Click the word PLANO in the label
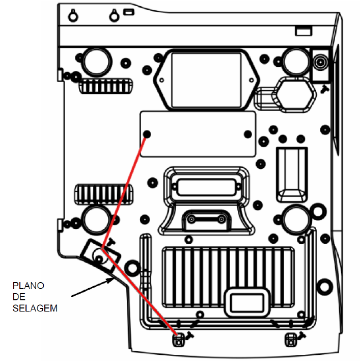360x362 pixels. (28, 286)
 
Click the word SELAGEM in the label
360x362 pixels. (35, 308)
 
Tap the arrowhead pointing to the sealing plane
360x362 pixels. (110, 280)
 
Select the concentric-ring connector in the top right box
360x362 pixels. (320, 62)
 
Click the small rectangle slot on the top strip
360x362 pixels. (129, 12)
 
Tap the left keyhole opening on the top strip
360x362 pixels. (73, 16)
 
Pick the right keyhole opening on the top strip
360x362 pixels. (114, 16)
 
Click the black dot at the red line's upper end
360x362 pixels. (147, 134)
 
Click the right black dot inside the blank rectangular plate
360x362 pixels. (247, 134)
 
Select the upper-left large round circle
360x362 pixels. (97, 62)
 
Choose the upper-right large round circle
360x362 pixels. (296, 62)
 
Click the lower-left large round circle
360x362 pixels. (97, 220)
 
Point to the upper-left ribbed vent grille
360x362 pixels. (105, 86)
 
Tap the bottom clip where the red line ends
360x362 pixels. (179, 340)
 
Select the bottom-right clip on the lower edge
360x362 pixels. (291, 340)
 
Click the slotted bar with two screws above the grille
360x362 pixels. (206, 219)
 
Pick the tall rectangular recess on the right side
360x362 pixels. (292, 174)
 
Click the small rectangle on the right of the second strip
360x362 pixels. (303, 31)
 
